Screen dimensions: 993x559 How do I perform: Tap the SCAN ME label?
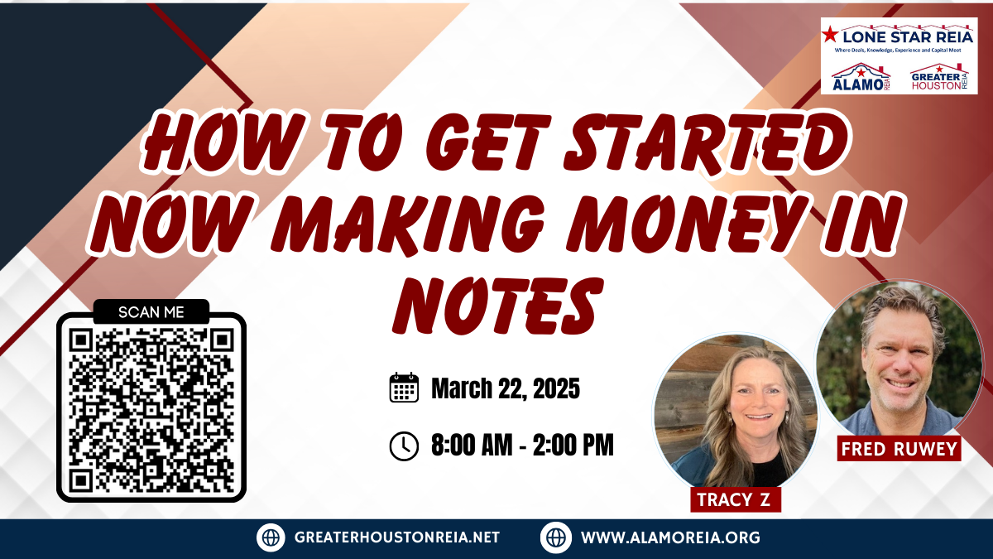[151, 312]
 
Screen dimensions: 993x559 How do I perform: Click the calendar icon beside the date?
[404, 388]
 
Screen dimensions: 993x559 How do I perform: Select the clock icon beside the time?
[404, 446]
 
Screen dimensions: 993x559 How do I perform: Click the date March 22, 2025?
[506, 388]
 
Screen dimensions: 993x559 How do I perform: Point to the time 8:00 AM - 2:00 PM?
[523, 445]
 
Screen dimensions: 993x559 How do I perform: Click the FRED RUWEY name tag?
[899, 449]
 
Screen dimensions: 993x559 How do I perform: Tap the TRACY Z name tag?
[736, 499]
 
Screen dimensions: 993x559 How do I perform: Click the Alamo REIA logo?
[861, 77]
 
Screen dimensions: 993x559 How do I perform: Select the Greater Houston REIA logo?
[939, 77]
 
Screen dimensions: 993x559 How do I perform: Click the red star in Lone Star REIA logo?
[830, 35]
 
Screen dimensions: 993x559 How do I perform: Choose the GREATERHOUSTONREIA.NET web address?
[396, 537]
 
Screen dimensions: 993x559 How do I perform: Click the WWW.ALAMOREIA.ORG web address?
[671, 537]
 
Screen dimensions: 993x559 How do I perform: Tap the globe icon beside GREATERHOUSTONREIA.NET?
[271, 537]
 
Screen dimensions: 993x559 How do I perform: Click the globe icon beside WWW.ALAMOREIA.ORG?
[556, 537]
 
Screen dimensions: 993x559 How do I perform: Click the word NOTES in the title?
[498, 306]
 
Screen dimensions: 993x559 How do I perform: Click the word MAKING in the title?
[407, 224]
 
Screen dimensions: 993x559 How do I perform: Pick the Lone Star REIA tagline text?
[898, 51]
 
